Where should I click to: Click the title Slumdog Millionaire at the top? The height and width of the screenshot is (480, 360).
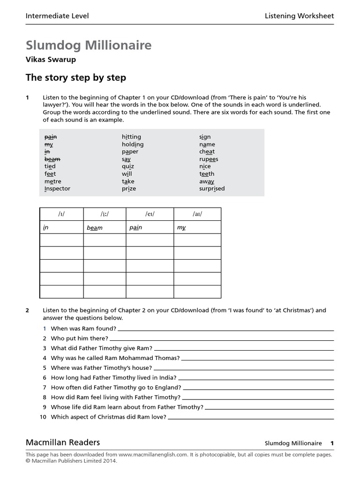(x=89, y=45)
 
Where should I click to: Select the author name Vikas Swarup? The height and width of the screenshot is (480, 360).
(x=51, y=60)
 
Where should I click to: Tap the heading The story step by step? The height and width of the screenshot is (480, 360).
(x=75, y=77)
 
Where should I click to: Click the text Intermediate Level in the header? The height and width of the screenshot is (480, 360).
(x=57, y=16)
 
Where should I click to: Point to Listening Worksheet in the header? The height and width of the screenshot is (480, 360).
(x=299, y=16)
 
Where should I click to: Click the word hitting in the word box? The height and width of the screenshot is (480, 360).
(x=131, y=137)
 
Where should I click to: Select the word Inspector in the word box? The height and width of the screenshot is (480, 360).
(x=57, y=188)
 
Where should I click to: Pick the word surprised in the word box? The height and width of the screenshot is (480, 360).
(x=212, y=188)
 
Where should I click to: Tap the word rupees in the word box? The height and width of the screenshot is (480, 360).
(x=209, y=159)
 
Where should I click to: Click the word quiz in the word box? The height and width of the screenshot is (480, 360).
(x=128, y=166)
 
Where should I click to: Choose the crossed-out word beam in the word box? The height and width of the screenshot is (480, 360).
(x=52, y=159)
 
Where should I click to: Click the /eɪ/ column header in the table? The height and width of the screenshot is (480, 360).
(x=150, y=214)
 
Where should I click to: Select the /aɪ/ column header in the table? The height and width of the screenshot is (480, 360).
(x=197, y=214)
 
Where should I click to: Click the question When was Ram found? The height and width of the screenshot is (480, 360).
(x=83, y=329)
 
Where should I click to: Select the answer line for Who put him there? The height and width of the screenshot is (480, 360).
(x=222, y=338)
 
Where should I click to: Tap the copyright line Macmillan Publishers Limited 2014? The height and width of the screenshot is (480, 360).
(x=71, y=461)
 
